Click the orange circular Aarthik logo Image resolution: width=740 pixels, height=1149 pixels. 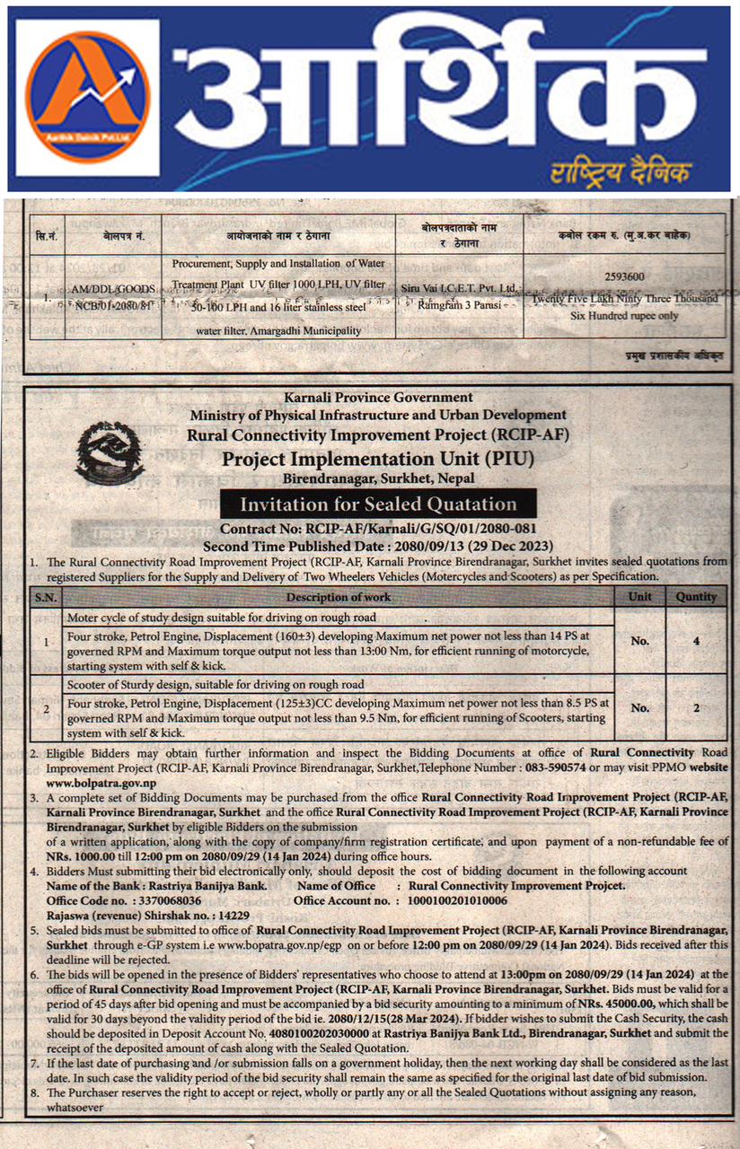[x=88, y=96]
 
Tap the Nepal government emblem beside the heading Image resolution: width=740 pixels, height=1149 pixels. [x=110, y=449]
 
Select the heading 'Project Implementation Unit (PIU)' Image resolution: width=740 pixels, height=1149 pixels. [x=377, y=459]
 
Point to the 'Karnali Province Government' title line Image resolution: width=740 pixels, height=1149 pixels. [x=377, y=397]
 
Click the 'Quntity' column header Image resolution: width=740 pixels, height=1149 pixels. [x=696, y=596]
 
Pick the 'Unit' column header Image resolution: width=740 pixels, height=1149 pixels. [x=639, y=596]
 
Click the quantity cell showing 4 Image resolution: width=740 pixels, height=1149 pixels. [x=696, y=641]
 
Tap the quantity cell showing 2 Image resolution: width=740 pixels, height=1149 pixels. [x=696, y=707]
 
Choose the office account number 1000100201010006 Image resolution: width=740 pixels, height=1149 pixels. [x=458, y=899]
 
